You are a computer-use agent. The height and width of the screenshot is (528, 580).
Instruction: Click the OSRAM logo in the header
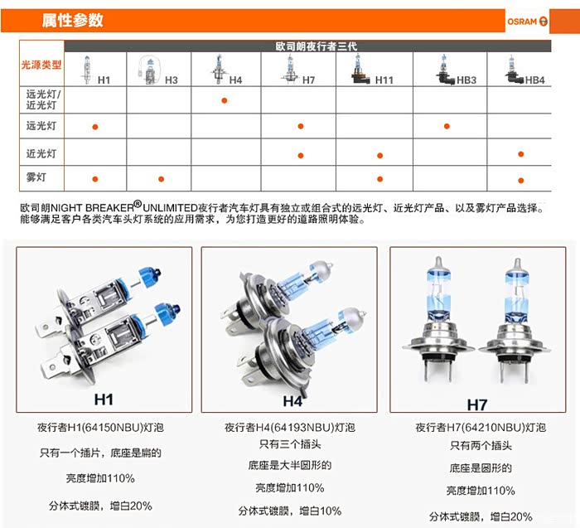527,22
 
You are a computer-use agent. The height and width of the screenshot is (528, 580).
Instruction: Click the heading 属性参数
73,21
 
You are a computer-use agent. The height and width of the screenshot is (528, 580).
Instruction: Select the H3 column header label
172,80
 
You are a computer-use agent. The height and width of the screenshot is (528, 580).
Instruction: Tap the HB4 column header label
535,80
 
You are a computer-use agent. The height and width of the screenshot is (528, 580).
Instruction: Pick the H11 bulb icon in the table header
360,70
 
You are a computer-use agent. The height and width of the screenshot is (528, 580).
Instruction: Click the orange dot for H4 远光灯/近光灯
225,100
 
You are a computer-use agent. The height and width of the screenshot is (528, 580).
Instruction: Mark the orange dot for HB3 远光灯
447,126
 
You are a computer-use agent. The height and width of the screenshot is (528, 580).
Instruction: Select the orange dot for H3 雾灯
161,179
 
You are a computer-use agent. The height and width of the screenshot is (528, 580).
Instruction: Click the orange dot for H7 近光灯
300,156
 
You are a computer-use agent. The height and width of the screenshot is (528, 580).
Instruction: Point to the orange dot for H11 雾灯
379,179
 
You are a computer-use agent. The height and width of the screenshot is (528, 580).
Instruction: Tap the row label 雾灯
36,177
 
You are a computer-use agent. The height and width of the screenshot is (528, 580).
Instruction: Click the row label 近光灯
41,153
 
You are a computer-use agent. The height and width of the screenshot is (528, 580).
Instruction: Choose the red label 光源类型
41,65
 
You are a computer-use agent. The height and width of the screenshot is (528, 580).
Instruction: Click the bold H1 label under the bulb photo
104,400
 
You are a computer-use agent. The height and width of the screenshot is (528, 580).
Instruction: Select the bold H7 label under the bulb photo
477,404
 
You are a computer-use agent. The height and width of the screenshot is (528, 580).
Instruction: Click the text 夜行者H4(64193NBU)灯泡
290,428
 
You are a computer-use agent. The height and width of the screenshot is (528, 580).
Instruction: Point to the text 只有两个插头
481,445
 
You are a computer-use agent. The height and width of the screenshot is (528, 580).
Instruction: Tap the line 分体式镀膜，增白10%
290,511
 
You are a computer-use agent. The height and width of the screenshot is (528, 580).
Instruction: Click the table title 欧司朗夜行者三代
317,46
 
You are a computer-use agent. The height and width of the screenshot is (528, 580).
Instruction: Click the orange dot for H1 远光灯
95,127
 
